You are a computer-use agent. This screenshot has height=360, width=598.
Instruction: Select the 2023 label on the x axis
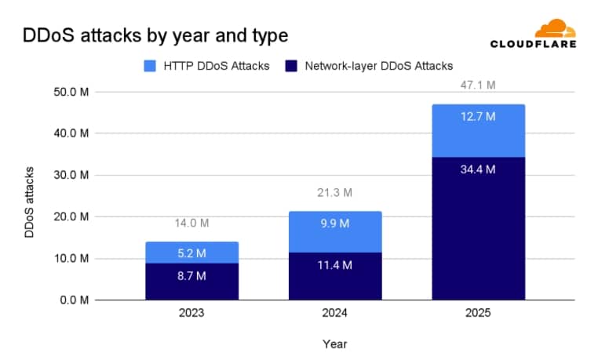[191, 313]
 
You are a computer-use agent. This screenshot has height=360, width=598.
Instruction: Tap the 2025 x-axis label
[478, 313]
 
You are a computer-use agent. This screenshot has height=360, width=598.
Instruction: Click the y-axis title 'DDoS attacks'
[29, 202]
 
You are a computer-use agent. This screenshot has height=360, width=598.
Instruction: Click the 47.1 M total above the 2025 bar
[478, 83]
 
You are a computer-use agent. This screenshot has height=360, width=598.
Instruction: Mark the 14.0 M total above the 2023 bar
[191, 223]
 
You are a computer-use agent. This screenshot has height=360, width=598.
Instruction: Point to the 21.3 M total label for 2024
[334, 192]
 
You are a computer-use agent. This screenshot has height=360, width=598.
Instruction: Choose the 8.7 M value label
[191, 275]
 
